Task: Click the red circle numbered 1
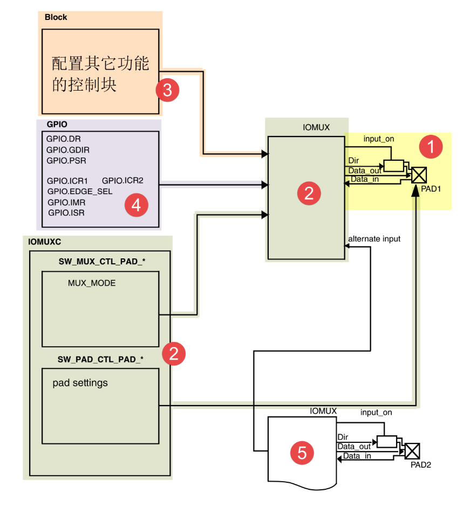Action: pyautogui.click(x=431, y=146)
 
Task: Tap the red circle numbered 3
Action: pyautogui.click(x=167, y=90)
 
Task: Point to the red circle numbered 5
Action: pyautogui.click(x=302, y=453)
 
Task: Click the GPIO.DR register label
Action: pyautogui.click(x=63, y=139)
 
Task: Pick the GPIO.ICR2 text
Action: pyautogui.click(x=122, y=181)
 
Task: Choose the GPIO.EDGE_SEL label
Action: pyautogui.click(x=80, y=191)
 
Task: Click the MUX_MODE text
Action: pyautogui.click(x=92, y=283)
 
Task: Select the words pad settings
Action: pyautogui.click(x=80, y=383)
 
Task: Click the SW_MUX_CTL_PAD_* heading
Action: pyautogui.click(x=102, y=262)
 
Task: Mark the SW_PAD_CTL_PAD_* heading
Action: pyautogui.click(x=100, y=359)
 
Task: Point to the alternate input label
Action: pyautogui.click(x=374, y=238)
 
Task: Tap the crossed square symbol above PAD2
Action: pyautogui.click(x=412, y=450)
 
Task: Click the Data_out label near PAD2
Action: pyautogui.click(x=354, y=446)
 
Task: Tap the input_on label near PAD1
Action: pyautogui.click(x=378, y=139)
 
